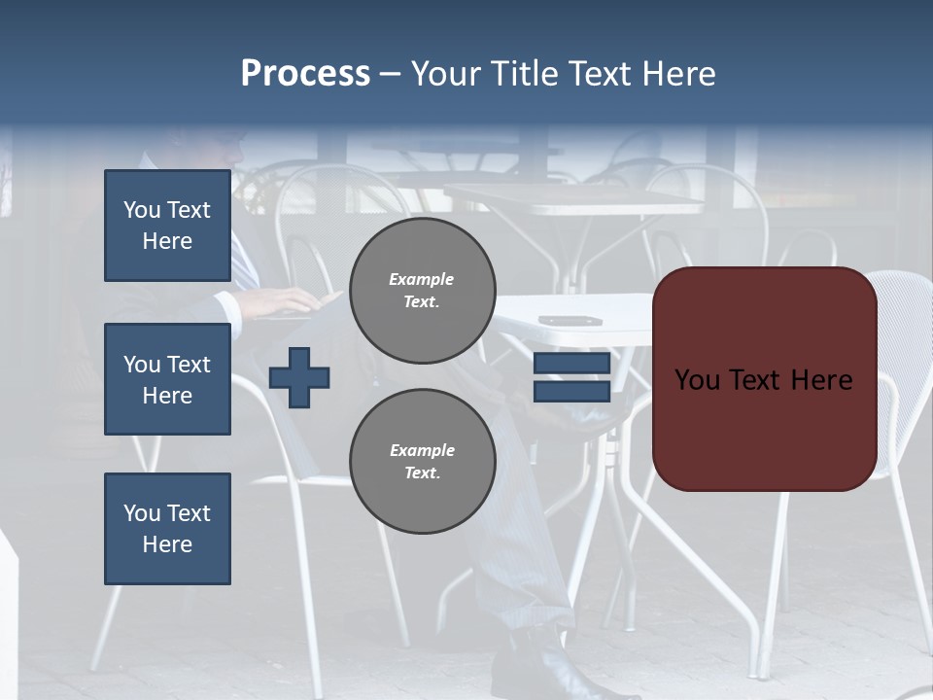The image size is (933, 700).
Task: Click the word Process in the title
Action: pos(305,74)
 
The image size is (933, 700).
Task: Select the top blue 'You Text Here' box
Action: pos(167,226)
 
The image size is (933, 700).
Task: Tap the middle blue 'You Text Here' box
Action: pos(167,379)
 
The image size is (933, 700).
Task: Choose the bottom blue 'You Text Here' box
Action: pos(167,529)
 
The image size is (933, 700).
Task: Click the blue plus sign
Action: pos(299,377)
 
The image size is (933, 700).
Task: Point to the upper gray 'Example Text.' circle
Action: pos(422,290)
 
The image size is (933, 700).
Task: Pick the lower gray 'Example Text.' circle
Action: pos(422,461)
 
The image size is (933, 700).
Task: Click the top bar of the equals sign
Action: pos(571,364)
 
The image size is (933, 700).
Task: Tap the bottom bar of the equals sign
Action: pos(571,391)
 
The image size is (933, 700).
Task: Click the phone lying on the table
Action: pos(570,320)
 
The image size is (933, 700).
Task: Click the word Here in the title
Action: pos(677,74)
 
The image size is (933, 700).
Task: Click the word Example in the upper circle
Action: pos(422,279)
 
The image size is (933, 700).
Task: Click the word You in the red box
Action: pos(697,379)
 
